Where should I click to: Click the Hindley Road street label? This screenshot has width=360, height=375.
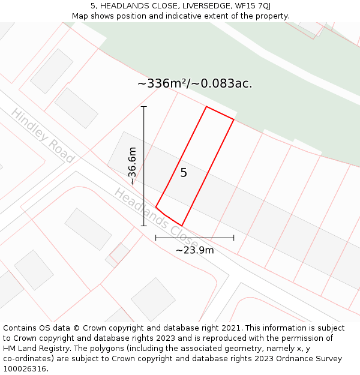(42, 136)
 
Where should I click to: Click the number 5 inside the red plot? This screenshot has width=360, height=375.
(184, 173)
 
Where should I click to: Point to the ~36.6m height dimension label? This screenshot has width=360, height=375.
(132, 166)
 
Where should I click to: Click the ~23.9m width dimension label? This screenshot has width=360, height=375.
(194, 250)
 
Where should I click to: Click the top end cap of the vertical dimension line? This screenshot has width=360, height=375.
(144, 106)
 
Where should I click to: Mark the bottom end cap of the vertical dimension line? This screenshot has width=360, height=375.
(144, 226)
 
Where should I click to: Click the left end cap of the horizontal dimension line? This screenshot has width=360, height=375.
(156, 238)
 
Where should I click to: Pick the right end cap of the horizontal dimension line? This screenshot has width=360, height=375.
(234, 238)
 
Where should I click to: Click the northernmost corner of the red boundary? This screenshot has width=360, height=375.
(206, 107)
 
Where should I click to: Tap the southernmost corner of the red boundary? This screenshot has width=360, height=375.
(182, 226)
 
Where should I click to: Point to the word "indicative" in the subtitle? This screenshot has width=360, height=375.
(194, 16)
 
